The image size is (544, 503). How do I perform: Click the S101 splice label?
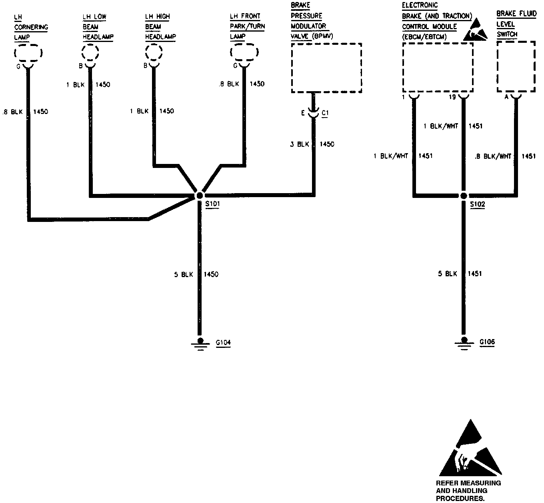(212, 204)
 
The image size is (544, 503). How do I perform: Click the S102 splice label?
(477, 204)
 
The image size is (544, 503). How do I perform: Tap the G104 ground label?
(223, 343)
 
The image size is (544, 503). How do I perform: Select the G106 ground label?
(487, 342)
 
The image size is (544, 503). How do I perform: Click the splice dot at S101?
(199, 196)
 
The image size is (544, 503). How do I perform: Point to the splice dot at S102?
(464, 196)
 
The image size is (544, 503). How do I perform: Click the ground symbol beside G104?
(200, 343)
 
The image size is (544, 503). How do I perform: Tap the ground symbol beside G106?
(464, 343)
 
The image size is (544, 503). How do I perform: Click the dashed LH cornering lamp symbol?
(28, 53)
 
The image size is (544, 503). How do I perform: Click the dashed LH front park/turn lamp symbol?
(244, 52)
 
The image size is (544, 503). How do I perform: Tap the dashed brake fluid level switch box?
(516, 67)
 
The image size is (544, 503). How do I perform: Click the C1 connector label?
(325, 114)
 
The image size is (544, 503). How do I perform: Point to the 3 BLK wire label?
(300, 144)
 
